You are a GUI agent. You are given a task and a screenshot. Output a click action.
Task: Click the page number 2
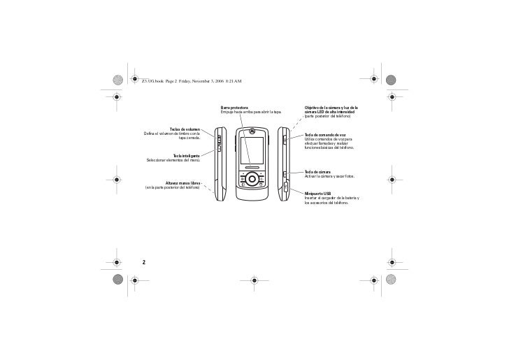point(143,262)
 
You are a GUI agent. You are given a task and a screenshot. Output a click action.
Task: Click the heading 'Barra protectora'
point(234,107)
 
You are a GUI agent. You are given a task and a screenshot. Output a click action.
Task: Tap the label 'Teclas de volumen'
point(185,129)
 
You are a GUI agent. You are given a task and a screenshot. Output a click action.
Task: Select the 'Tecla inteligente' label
point(187,155)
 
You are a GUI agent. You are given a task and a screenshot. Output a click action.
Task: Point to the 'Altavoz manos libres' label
point(182,183)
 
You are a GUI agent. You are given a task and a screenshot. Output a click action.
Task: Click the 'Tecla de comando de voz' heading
point(325,134)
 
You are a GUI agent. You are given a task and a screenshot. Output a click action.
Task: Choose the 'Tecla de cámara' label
point(317,171)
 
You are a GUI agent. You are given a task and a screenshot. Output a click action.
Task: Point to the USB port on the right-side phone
point(285,187)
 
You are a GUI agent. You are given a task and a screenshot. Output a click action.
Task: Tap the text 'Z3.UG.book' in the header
point(153,81)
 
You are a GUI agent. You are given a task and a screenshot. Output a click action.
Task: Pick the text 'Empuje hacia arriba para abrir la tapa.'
point(250,112)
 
